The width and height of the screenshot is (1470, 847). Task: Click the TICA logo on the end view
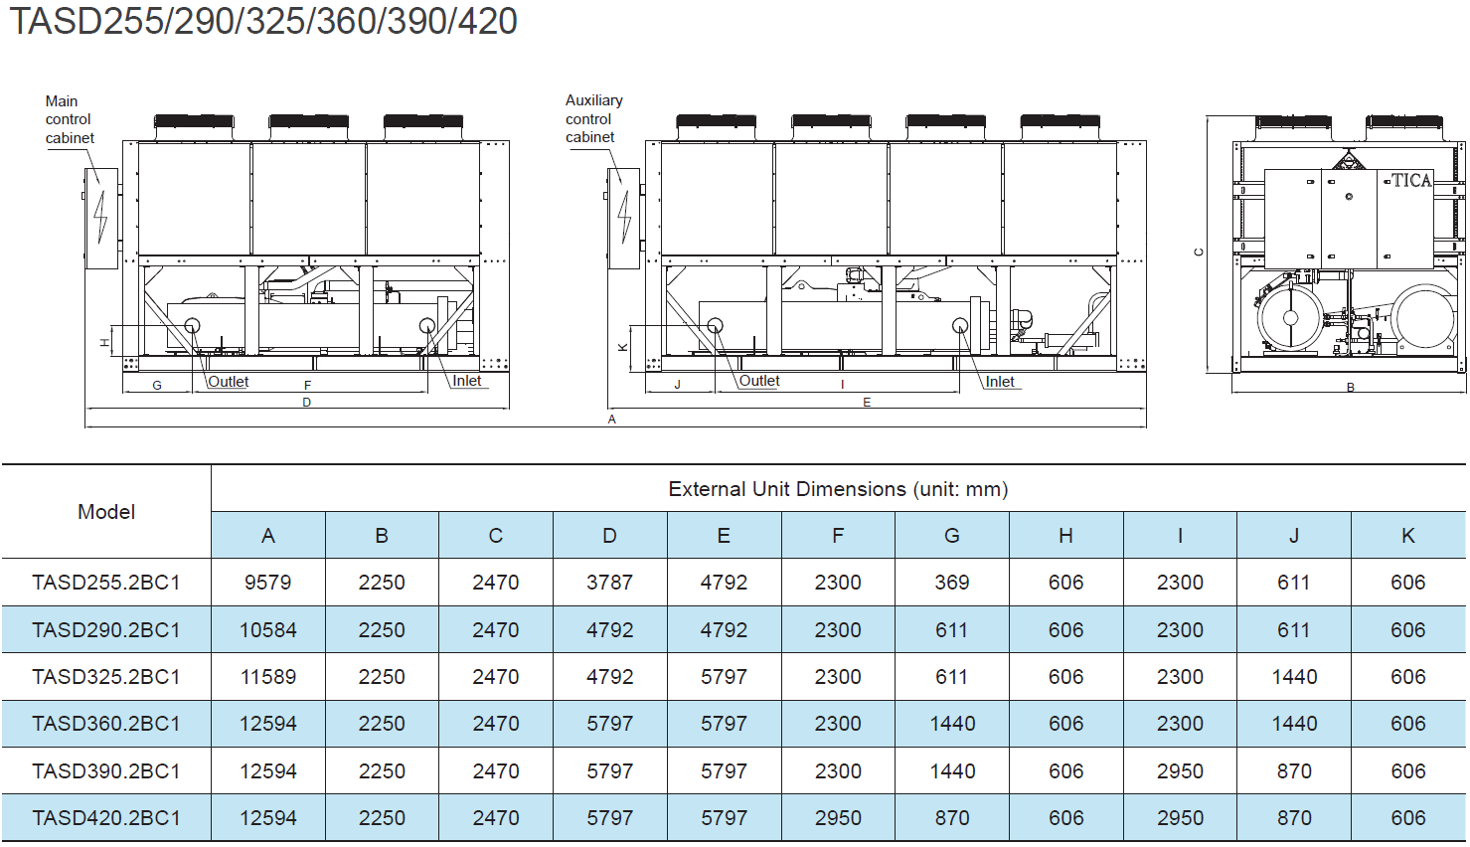point(1411,180)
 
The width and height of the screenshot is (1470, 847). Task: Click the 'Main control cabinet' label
point(69,119)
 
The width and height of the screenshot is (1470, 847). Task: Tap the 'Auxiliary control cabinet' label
point(594,119)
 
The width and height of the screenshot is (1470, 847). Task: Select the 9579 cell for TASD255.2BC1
point(267,583)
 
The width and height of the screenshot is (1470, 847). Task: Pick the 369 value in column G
point(951,583)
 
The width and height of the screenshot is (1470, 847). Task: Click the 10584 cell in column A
point(267,630)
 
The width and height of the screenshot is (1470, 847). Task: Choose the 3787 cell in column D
point(609,583)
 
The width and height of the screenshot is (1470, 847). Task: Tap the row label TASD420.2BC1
point(106,818)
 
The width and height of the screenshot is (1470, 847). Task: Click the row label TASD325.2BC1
point(106,677)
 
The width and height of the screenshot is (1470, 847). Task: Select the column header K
point(1407,536)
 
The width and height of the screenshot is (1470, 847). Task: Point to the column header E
point(724,536)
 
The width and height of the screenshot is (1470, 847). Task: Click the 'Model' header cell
point(106,512)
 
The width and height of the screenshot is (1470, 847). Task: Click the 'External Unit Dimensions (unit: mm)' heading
point(838,489)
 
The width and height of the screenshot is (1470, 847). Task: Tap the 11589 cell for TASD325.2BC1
point(267,677)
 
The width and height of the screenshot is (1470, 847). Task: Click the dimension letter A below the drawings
point(611,420)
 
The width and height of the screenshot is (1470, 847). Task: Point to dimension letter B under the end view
point(1350,388)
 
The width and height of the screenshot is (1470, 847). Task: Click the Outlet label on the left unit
point(229,382)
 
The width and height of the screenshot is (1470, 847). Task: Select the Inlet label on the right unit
point(1000,382)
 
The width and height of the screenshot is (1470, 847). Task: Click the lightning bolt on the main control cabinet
point(100,218)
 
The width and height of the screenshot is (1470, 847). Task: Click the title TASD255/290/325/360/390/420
point(263,21)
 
